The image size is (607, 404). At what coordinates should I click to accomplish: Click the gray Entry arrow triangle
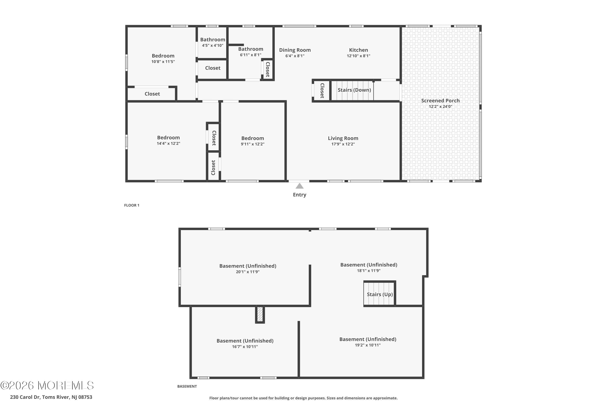click(299, 186)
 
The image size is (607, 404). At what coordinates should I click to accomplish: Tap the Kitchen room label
click(359, 50)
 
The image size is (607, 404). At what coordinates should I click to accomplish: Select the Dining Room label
click(295, 50)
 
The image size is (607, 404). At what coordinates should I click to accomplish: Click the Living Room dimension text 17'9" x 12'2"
click(343, 144)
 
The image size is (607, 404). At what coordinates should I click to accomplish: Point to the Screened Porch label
click(440, 100)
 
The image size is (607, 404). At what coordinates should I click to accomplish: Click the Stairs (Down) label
click(354, 90)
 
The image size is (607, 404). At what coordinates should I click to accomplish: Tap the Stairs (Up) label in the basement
click(380, 294)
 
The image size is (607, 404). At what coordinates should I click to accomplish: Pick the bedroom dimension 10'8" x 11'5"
click(163, 62)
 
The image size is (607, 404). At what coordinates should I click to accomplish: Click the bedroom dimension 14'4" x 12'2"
click(168, 143)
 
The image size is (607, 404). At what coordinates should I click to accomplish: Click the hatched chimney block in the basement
click(260, 314)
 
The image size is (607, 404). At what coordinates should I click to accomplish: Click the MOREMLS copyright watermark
click(47, 386)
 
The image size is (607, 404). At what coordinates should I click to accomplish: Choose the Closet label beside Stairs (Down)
click(322, 90)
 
